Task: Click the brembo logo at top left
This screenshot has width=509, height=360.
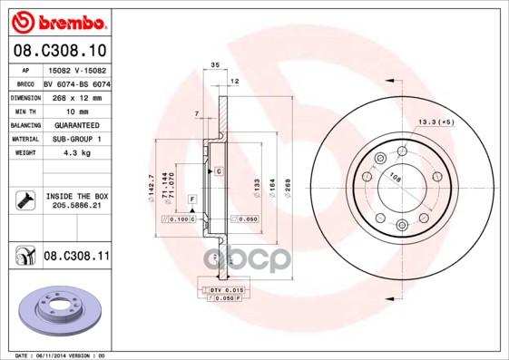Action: tap(56, 20)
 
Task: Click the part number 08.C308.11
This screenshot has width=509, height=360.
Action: tap(76, 258)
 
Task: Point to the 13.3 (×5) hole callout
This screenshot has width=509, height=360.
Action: tap(435, 121)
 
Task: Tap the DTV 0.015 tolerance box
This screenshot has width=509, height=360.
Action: tap(227, 288)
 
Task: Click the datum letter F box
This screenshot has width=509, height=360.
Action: tap(191, 198)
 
